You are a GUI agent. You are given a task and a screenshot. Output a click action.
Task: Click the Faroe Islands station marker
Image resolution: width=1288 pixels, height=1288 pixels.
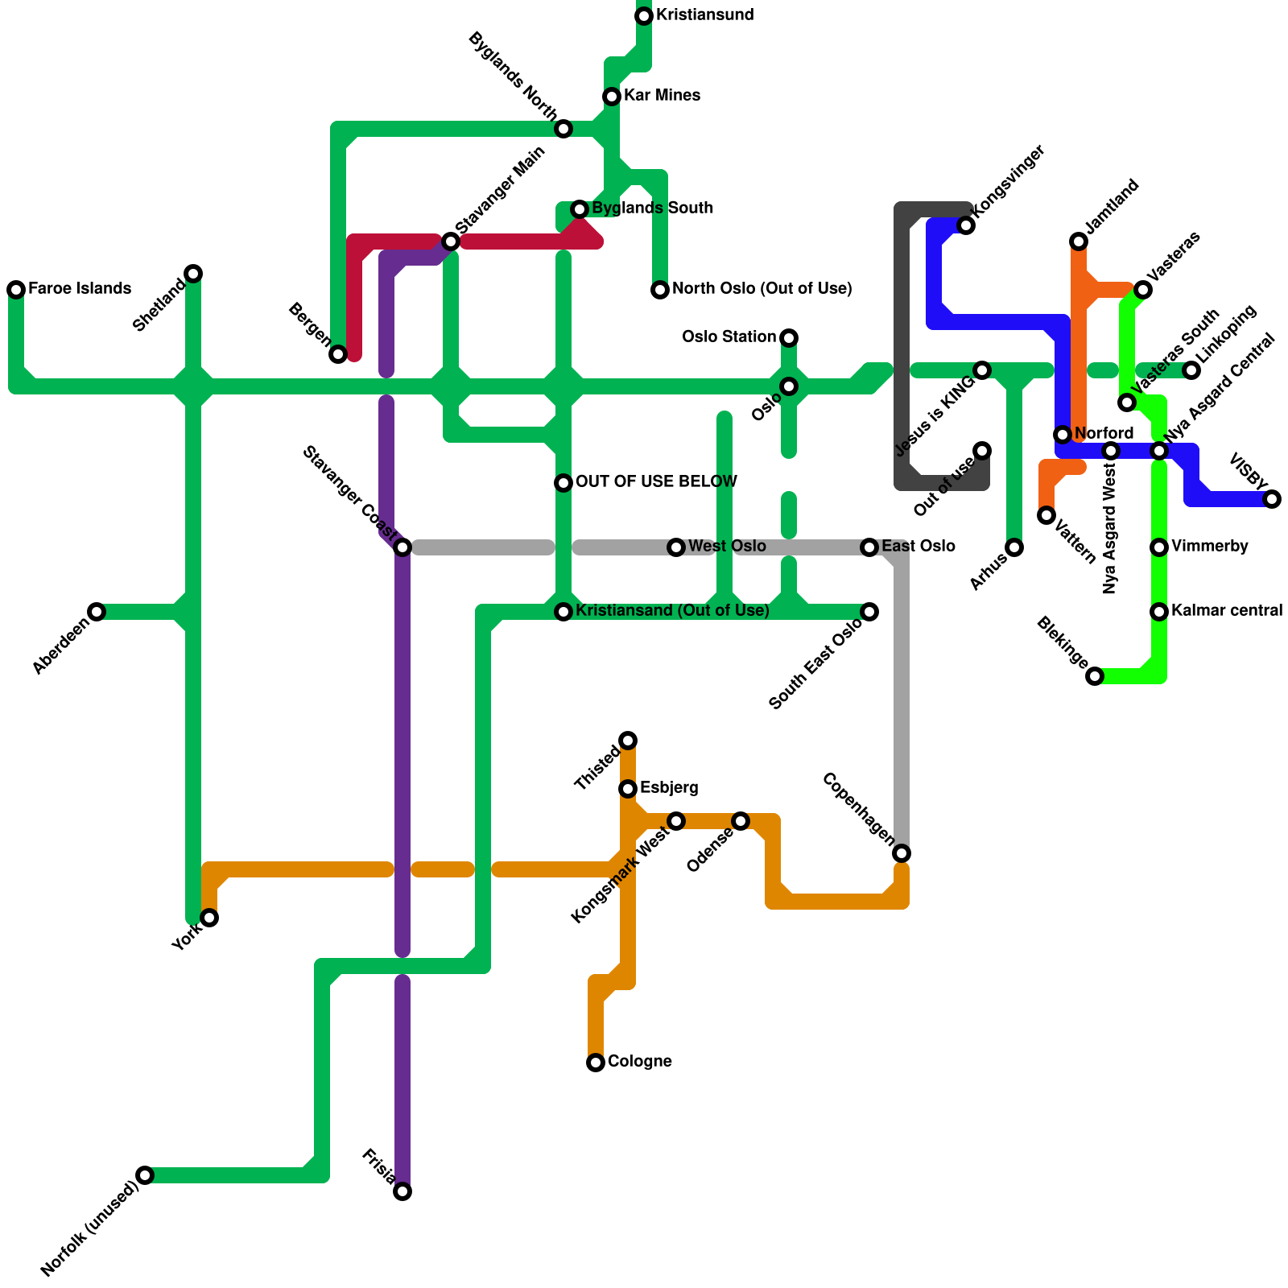coord(16,290)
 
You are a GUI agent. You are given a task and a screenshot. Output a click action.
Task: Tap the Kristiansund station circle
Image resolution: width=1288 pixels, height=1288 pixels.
coord(644,16)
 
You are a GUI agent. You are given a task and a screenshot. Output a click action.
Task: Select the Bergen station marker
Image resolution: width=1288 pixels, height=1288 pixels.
coord(338,354)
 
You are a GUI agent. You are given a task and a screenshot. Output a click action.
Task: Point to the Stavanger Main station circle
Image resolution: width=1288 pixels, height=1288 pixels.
coord(451,242)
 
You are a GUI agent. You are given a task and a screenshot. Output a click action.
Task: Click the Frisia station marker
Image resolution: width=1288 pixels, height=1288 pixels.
coord(402,1191)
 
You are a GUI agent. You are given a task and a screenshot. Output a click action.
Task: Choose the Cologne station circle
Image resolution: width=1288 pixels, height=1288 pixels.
coord(596,1063)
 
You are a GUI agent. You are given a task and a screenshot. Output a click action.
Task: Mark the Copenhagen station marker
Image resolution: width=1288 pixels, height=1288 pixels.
coord(902,853)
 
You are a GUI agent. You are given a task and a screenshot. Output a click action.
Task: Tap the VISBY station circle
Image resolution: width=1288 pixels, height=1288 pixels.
coord(1272,499)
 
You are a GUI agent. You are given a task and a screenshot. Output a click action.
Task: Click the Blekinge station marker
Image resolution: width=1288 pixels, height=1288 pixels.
coord(1095,676)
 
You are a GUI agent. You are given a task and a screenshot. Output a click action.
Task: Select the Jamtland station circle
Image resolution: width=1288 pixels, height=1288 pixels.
coord(1079,242)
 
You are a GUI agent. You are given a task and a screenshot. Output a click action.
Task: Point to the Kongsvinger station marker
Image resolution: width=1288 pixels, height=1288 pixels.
coord(966,225)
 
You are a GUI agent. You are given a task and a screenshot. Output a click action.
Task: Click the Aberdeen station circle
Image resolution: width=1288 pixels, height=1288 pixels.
coord(97,612)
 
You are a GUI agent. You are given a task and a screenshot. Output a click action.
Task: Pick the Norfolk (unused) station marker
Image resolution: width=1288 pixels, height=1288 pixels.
coord(145,1175)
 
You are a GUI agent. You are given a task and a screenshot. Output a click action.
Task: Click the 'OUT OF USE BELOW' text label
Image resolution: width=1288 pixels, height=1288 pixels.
coord(656,482)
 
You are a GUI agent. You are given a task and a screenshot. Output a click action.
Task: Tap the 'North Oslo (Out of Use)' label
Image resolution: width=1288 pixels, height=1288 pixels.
coord(762,289)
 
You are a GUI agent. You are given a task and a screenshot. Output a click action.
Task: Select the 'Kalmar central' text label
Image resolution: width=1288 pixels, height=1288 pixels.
coord(1227,611)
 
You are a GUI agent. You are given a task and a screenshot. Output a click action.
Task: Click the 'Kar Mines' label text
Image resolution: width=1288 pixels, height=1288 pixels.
coord(662,96)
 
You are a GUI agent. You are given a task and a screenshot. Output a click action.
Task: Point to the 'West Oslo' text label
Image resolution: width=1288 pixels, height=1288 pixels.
coord(727,547)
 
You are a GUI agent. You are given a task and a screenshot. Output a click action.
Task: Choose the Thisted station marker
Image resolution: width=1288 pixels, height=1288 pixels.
coord(628,741)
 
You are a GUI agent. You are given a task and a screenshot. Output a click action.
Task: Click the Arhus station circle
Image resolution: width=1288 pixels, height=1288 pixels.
coord(1014,547)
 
